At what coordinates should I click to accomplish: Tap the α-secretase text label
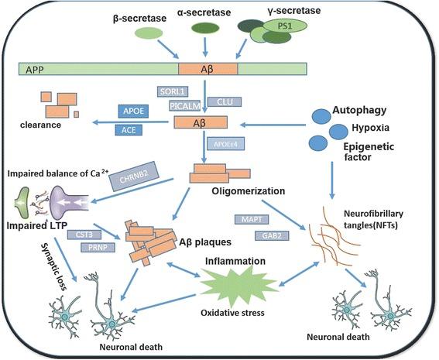pos(205,14)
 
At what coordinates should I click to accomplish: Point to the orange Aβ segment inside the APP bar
pos(206,70)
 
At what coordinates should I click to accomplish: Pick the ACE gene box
pos(129,129)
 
